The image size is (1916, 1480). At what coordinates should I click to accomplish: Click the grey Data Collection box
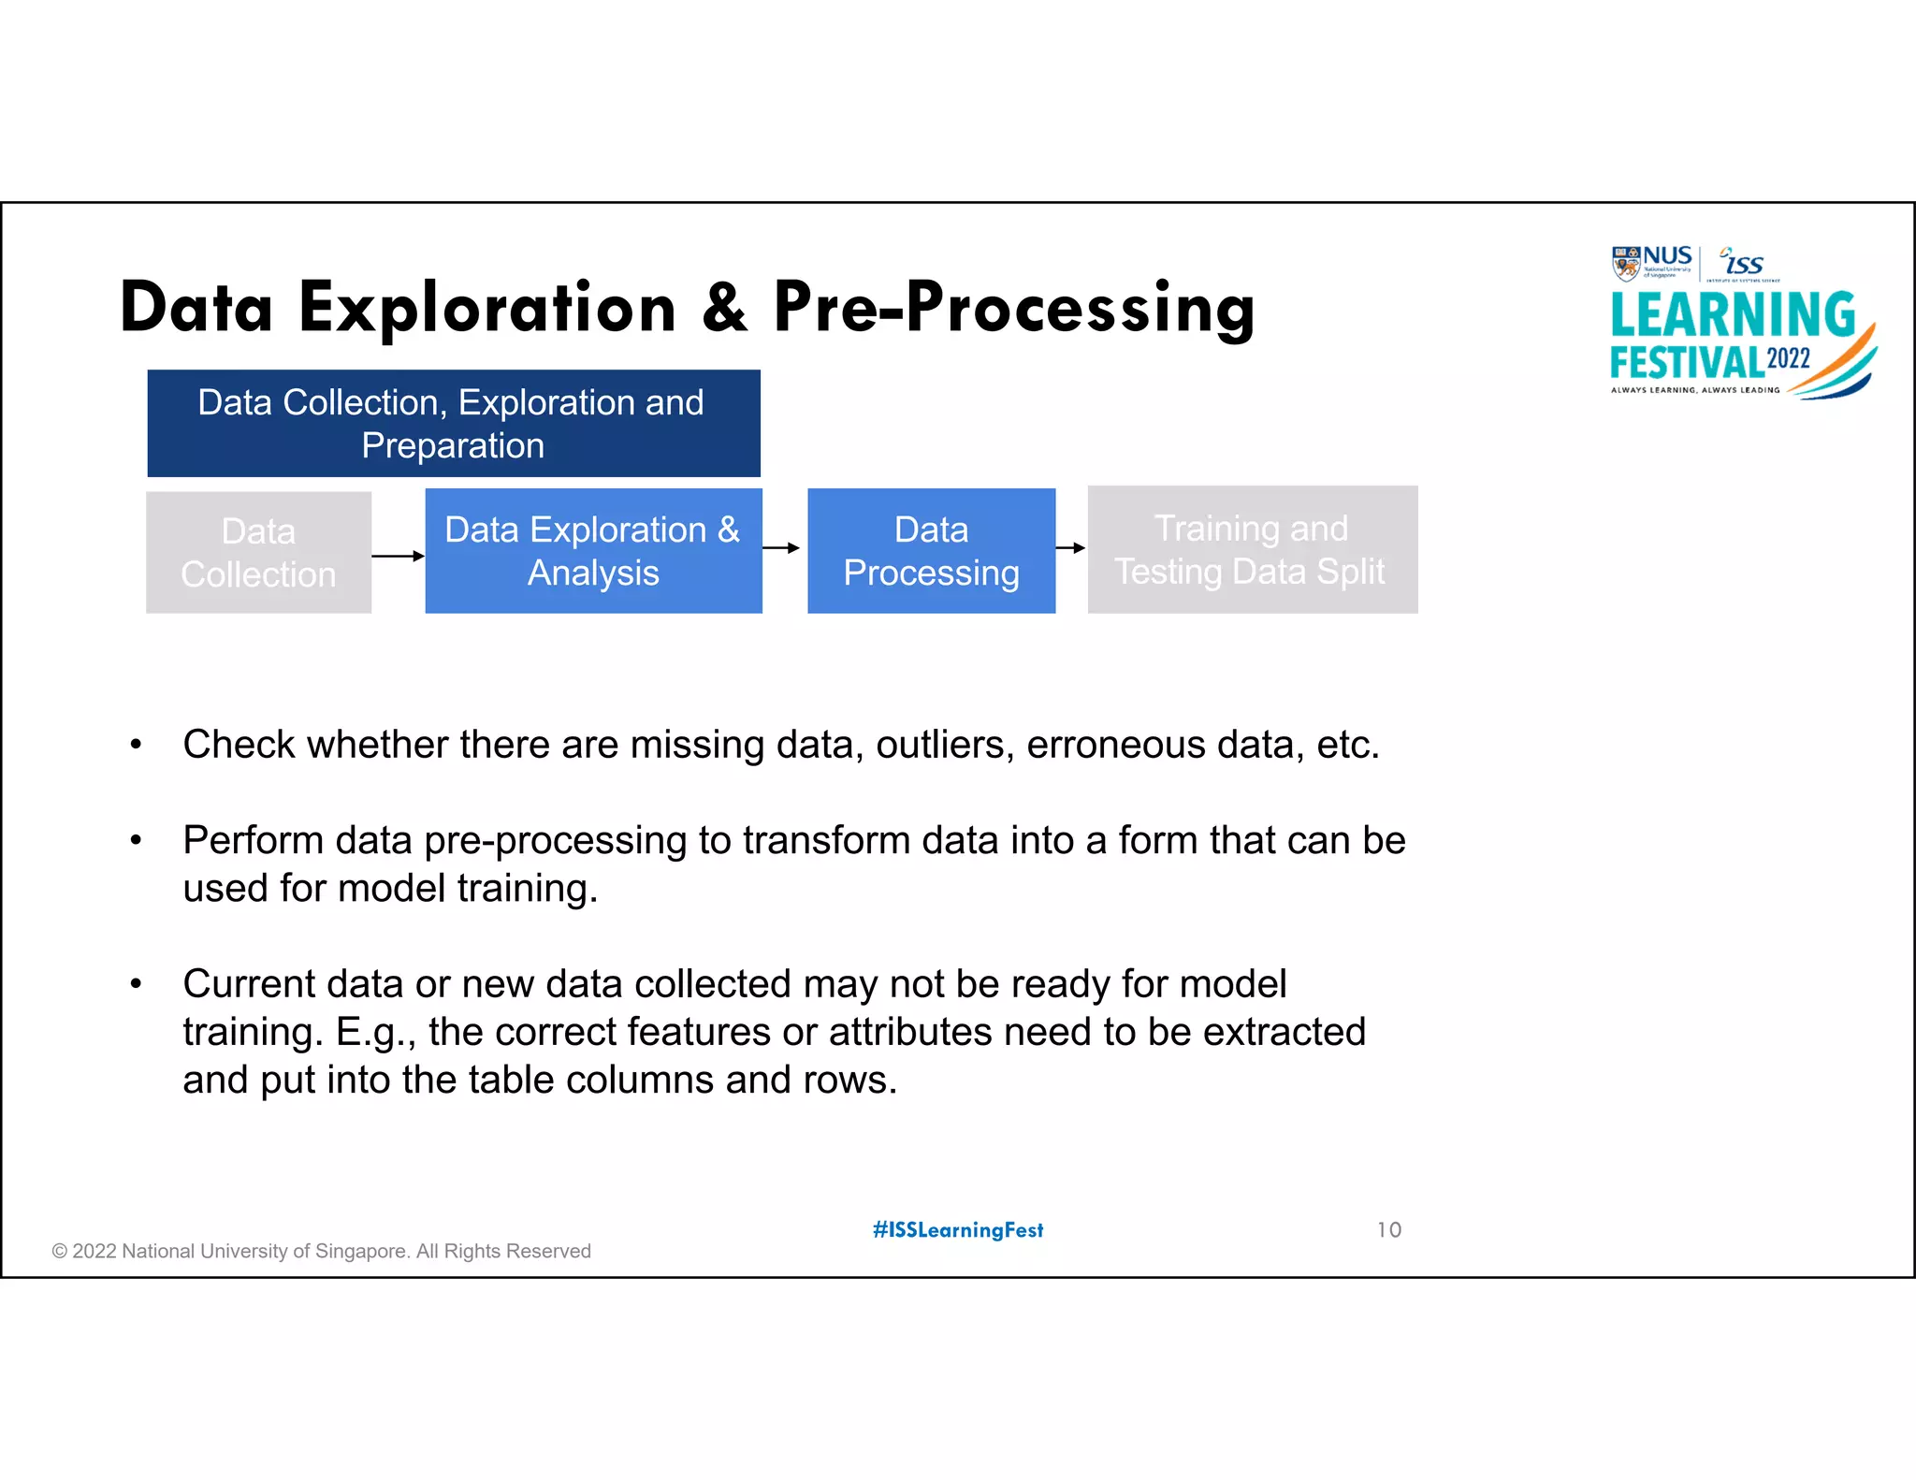pyautogui.click(x=258, y=553)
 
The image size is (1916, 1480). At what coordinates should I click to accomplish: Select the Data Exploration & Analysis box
pyautogui.click(x=593, y=551)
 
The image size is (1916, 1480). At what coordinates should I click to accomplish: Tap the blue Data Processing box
pyautogui.click(x=931, y=551)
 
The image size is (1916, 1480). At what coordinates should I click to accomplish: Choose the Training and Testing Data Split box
pyautogui.click(x=1252, y=550)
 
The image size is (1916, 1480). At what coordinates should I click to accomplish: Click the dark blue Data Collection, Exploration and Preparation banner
pyautogui.click(x=453, y=424)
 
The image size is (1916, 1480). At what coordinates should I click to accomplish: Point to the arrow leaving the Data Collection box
pyautogui.click(x=398, y=556)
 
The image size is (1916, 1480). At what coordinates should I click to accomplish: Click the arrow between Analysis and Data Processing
pyautogui.click(x=782, y=548)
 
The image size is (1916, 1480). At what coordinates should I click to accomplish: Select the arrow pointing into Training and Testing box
pyautogui.click(x=1070, y=548)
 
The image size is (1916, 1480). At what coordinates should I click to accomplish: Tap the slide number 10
pyautogui.click(x=1388, y=1230)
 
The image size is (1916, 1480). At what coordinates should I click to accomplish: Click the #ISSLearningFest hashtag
pyautogui.click(x=958, y=1230)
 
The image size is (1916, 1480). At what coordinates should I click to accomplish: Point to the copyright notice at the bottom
pyautogui.click(x=321, y=1252)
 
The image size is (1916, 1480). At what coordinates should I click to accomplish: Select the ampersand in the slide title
pyautogui.click(x=725, y=309)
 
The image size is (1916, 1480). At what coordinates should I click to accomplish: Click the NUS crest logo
pyautogui.click(x=1626, y=263)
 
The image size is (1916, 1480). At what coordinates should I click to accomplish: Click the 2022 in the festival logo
pyautogui.click(x=1788, y=359)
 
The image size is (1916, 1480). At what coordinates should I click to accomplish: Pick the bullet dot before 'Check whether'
pyautogui.click(x=136, y=746)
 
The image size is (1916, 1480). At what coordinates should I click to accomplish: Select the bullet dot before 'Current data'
pyautogui.click(x=136, y=984)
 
